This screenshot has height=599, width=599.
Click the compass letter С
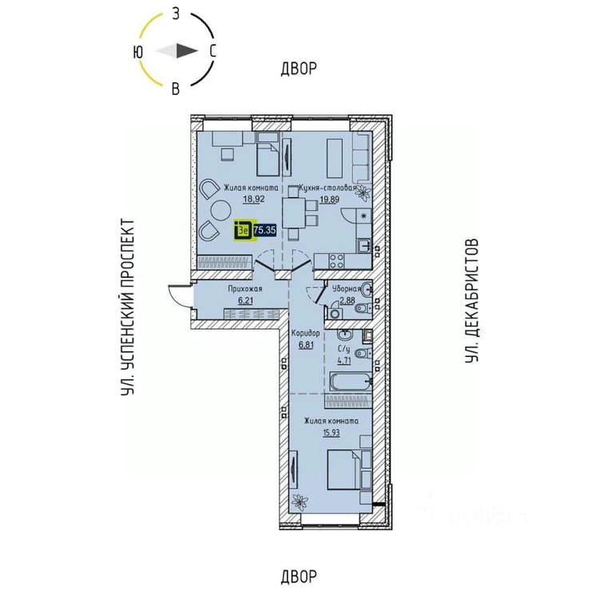click(212, 51)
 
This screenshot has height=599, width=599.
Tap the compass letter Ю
click(138, 52)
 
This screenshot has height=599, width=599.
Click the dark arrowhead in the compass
click(186, 51)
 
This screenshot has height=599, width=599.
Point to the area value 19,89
click(329, 199)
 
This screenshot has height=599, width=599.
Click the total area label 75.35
click(264, 230)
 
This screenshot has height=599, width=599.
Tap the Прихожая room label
click(245, 289)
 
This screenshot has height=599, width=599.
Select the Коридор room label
click(306, 334)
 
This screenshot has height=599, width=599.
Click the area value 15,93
click(331, 433)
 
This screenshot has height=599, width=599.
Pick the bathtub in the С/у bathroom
click(351, 382)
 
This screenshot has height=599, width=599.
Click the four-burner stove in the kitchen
click(336, 261)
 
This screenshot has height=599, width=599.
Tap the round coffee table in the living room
click(220, 211)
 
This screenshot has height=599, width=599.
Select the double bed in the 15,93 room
click(343, 470)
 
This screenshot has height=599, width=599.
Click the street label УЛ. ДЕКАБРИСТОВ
click(472, 300)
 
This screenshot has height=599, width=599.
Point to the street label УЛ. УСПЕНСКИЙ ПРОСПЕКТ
click(128, 307)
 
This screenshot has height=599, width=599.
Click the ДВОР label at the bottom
click(299, 577)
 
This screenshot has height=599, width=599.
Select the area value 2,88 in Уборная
click(347, 300)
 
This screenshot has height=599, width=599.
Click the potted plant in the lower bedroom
click(299, 502)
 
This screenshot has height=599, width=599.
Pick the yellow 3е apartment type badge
click(244, 231)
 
